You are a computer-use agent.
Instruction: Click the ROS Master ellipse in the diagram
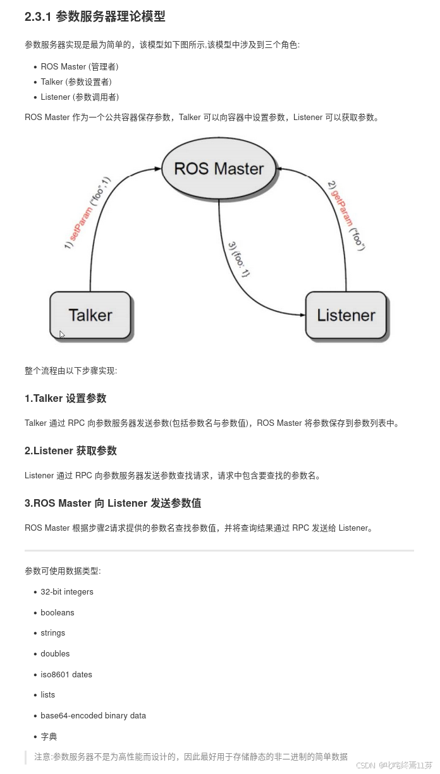coord(219,169)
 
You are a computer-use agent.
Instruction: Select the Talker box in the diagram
coord(90,315)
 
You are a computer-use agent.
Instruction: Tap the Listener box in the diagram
coord(346,315)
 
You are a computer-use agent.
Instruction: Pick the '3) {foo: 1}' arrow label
coord(239,259)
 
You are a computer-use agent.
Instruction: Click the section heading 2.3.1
coord(95,17)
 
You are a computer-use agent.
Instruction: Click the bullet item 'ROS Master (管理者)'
coord(80,66)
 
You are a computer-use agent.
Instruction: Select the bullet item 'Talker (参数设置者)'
coord(76,82)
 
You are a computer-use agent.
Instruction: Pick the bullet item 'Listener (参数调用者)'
coord(80,97)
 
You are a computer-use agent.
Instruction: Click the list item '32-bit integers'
coord(67,592)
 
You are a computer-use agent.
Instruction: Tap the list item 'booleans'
coord(58,612)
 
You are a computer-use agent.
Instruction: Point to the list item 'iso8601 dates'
coord(66,674)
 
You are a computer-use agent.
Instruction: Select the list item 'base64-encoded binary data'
coord(93,715)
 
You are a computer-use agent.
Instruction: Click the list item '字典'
coord(49,736)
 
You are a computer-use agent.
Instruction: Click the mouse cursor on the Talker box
coord(62,334)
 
